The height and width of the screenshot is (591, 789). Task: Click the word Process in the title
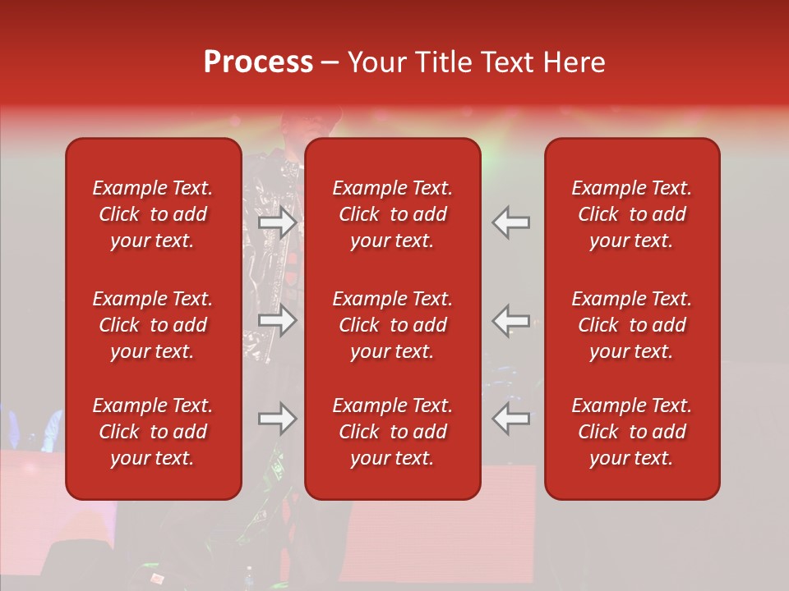pyautogui.click(x=258, y=62)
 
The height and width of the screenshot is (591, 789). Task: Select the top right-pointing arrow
pyautogui.click(x=278, y=222)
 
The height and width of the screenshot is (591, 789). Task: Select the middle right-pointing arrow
pyautogui.click(x=278, y=320)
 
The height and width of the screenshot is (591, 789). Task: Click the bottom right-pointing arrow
pyautogui.click(x=278, y=419)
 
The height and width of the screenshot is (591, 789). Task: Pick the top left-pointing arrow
pyautogui.click(x=511, y=222)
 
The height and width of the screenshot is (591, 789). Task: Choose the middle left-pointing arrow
pyautogui.click(x=511, y=320)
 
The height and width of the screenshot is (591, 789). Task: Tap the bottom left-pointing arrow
pyautogui.click(x=511, y=419)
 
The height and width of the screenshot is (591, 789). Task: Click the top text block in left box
pyautogui.click(x=153, y=214)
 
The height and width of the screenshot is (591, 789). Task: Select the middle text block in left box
pyautogui.click(x=153, y=325)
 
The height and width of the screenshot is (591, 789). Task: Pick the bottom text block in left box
pyautogui.click(x=153, y=432)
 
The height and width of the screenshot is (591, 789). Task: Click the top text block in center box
pyautogui.click(x=393, y=214)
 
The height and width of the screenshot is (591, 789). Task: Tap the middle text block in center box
pyautogui.click(x=393, y=325)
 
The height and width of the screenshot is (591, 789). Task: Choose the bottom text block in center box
pyautogui.click(x=393, y=432)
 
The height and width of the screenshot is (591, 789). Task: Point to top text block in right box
pyautogui.click(x=632, y=214)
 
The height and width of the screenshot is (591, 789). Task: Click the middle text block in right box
pyautogui.click(x=632, y=325)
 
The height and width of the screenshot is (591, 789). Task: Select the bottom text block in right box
pyautogui.click(x=632, y=432)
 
